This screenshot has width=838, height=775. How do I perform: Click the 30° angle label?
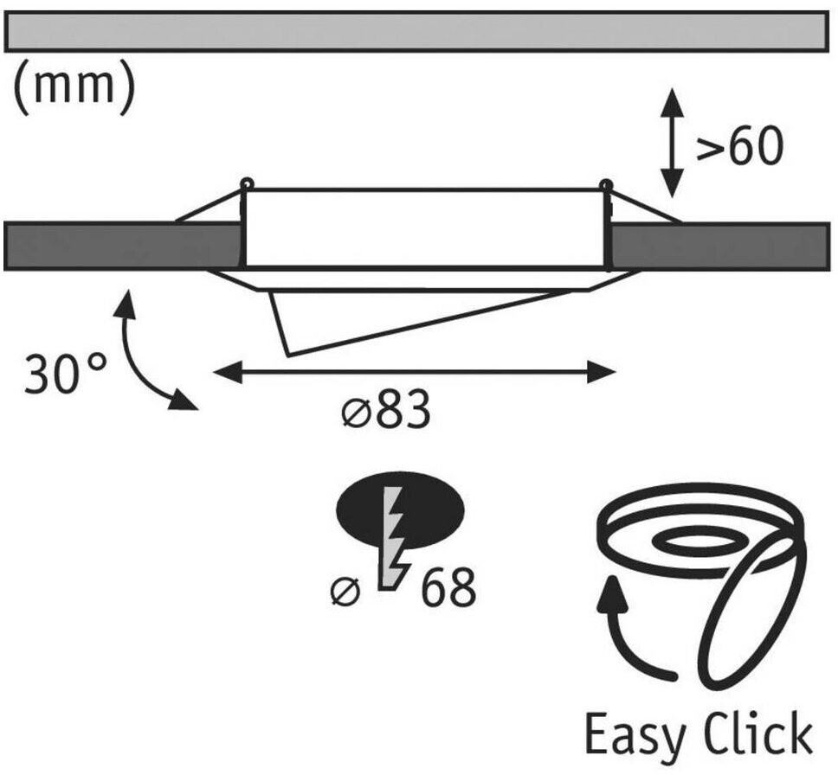[x=67, y=374]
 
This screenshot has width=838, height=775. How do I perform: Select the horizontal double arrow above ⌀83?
[x=414, y=373]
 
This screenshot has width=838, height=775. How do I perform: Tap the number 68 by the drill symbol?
[x=448, y=589]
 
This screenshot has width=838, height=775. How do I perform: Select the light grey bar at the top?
[x=415, y=31]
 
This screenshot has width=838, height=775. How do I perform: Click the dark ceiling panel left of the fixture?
[x=121, y=247]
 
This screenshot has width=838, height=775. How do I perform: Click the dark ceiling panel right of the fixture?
[x=719, y=247]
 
